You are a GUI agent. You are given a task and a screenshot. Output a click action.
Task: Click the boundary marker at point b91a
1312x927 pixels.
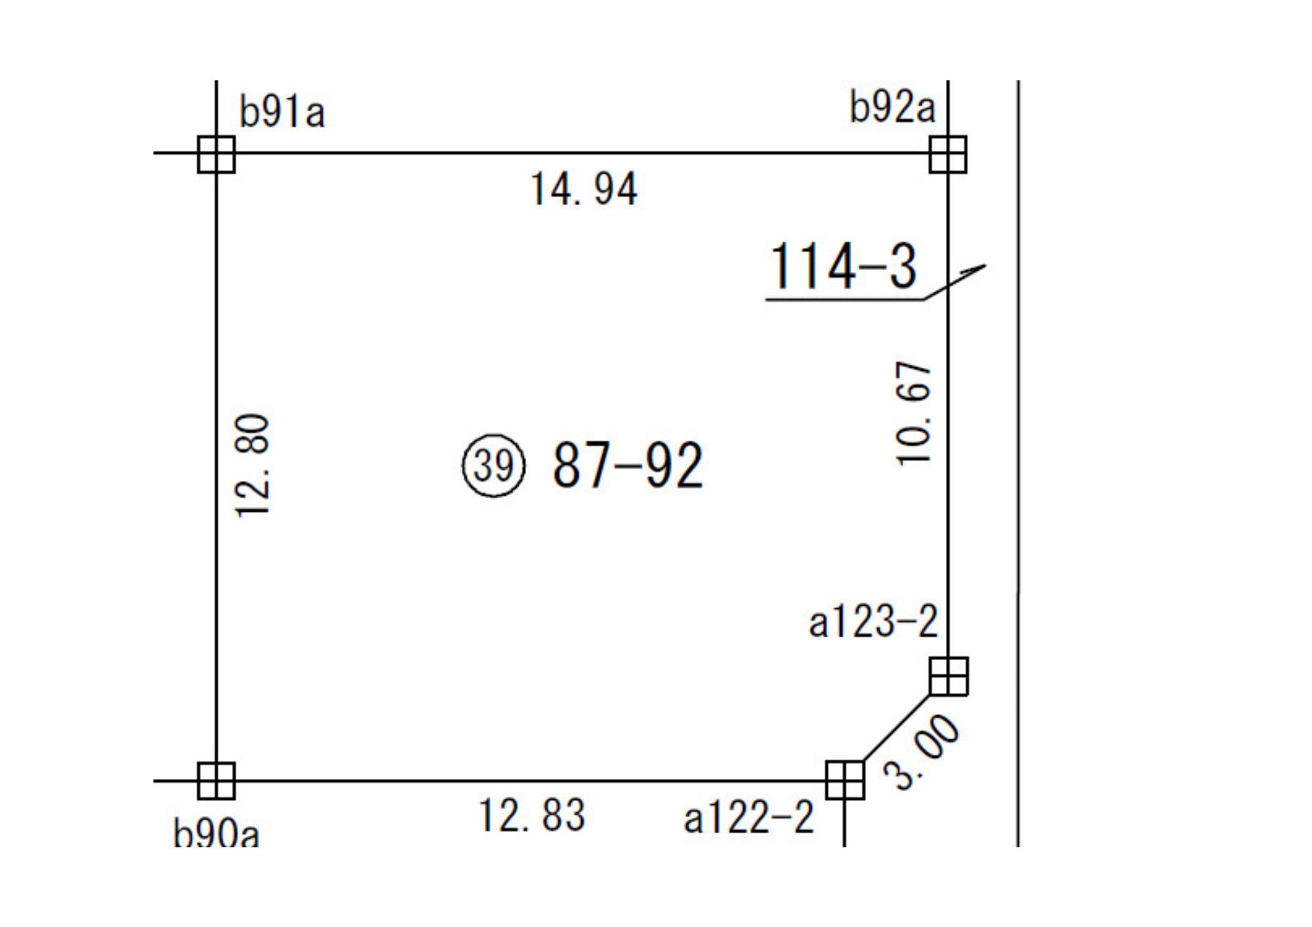[x=216, y=154]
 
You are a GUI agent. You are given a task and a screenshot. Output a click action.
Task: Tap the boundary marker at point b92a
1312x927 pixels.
[x=948, y=154]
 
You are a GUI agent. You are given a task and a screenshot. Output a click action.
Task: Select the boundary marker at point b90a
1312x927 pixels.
[x=216, y=781]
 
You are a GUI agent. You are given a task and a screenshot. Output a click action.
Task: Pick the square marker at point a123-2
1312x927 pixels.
[x=949, y=676]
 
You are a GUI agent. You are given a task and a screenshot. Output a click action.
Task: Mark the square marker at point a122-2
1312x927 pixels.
[x=845, y=780]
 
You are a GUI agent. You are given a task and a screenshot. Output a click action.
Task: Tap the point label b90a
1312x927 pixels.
[x=216, y=833]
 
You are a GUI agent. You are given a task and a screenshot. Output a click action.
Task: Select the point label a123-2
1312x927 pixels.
[x=873, y=621]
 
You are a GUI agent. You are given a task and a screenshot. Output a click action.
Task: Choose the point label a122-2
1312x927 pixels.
[x=748, y=818]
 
